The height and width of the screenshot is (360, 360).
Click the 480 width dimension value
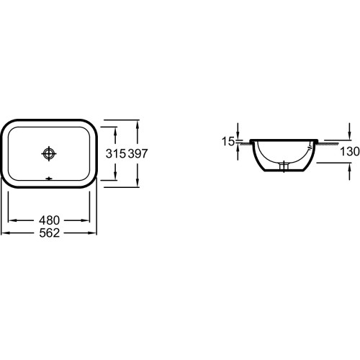[49, 220]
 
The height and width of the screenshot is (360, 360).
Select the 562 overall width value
[49, 233]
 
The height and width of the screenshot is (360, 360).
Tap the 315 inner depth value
[116, 153]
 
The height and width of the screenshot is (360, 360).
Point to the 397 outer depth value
[138, 153]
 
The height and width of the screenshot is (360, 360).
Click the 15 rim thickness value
[228, 141]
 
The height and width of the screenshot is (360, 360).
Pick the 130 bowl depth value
[350, 151]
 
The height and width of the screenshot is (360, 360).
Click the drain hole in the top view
[49, 153]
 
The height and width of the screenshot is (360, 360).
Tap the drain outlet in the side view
[284, 166]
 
